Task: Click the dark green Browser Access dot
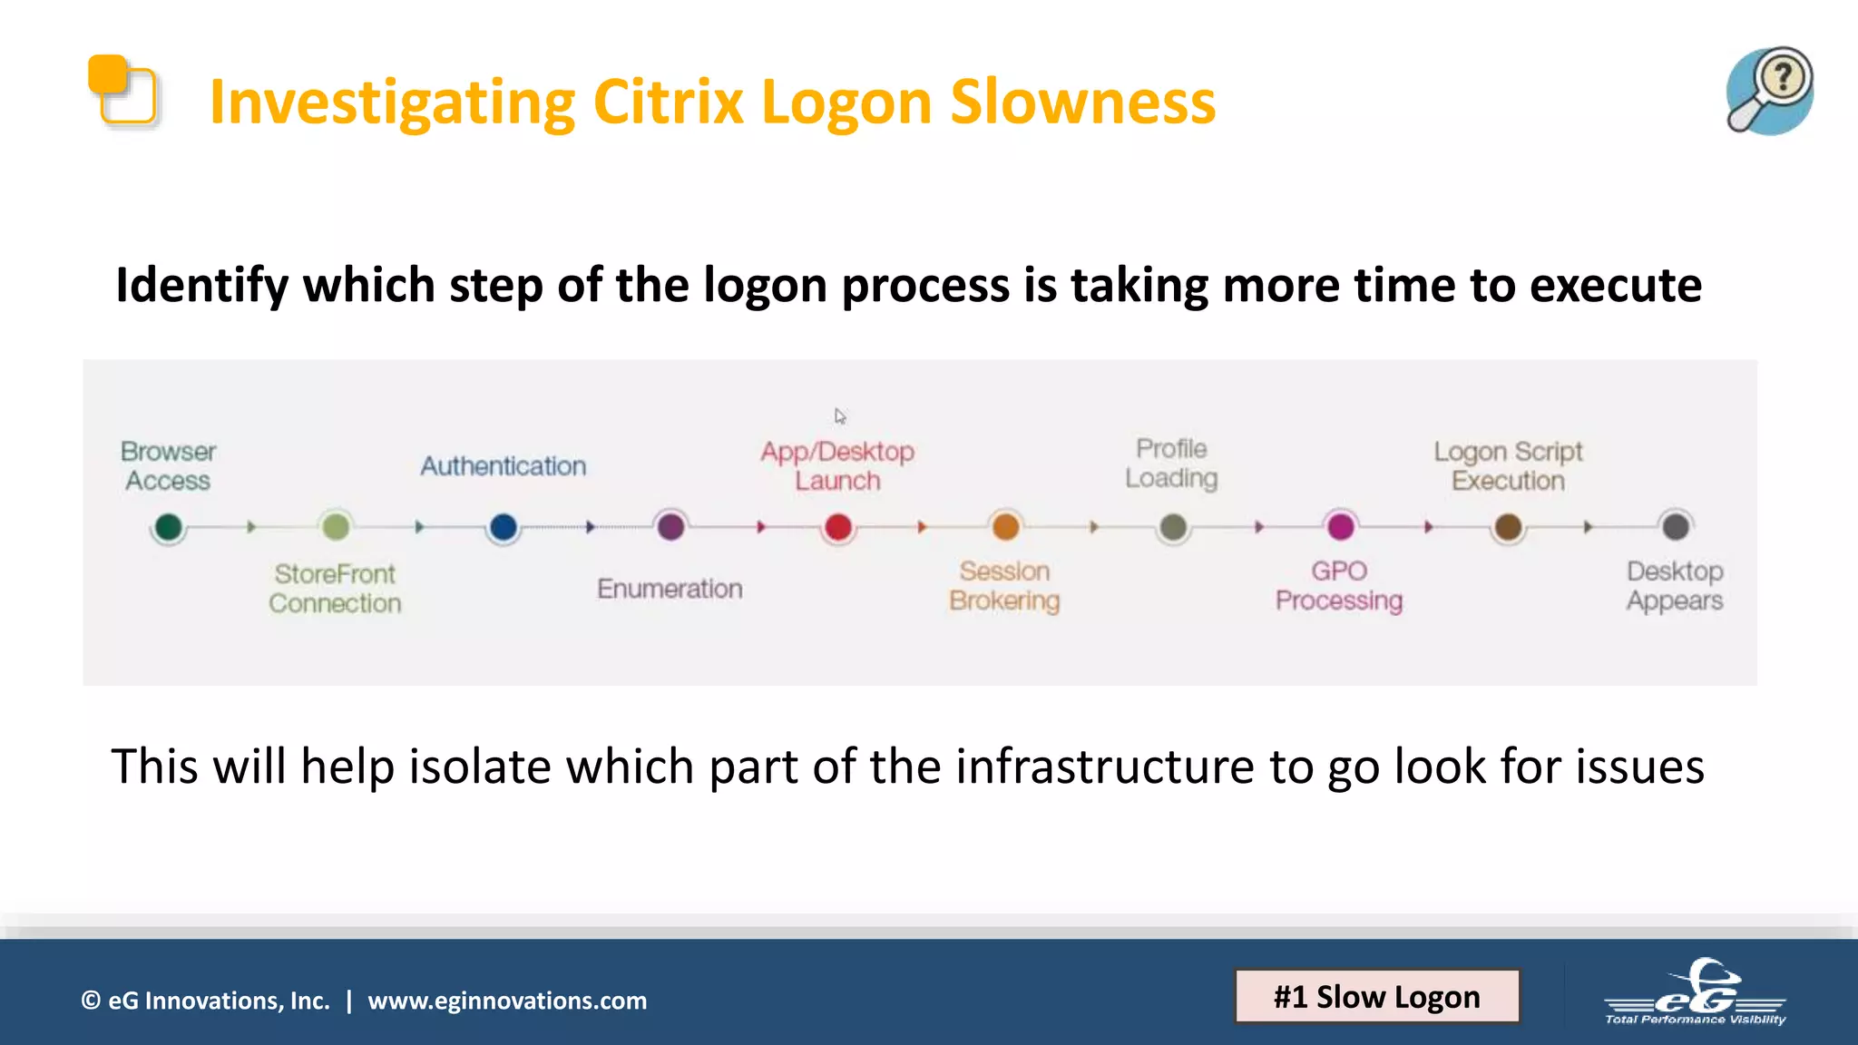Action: coord(169,527)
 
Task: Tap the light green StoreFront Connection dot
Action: coord(336,527)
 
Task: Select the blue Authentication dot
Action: coord(503,527)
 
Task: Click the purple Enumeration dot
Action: coord(670,527)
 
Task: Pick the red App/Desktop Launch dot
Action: coord(838,527)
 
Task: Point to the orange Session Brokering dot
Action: coord(1005,527)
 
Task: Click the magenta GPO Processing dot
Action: coord(1340,527)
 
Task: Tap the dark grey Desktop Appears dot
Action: coord(1675,527)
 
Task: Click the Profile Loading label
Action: coord(1171,464)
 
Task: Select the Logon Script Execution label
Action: coord(1508,466)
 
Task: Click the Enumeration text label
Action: coord(670,589)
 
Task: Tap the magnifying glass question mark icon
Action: coord(1769,91)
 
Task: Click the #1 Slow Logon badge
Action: coord(1376,996)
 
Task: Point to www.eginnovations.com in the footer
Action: coord(507,1001)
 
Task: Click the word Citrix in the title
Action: coord(668,102)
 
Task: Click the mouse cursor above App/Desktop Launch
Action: coord(840,416)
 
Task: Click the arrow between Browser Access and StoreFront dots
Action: coord(251,527)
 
